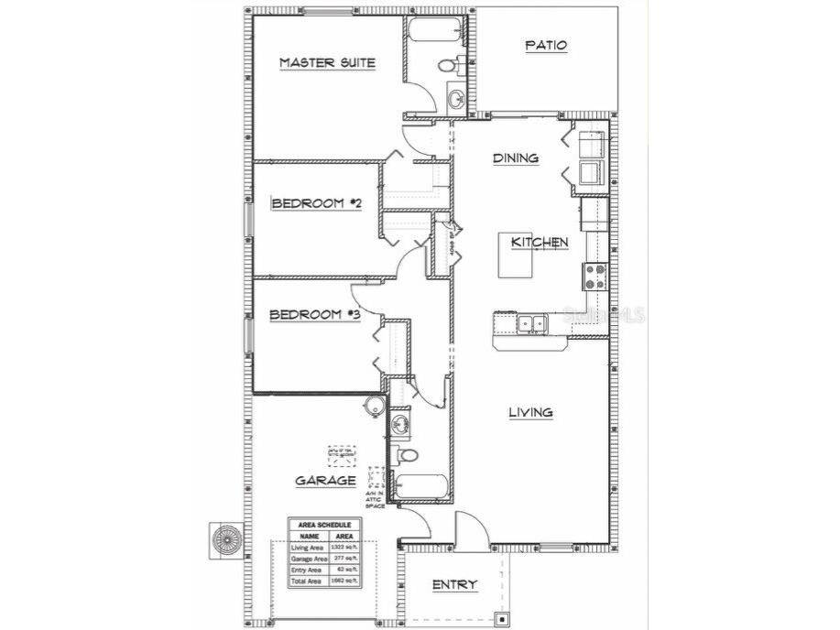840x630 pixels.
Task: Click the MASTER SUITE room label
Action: point(328,62)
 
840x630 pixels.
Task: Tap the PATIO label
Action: point(546,45)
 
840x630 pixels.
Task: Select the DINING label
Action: point(516,158)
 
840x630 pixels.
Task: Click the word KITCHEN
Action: point(540,243)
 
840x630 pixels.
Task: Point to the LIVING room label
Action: point(530,412)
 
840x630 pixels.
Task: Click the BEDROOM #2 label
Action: point(316,203)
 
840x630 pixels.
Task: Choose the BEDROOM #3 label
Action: point(314,316)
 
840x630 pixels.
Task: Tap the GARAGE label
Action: point(325,480)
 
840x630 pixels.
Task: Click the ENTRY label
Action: point(453,584)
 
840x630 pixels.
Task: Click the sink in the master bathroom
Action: point(455,98)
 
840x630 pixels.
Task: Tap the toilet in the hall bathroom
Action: point(407,454)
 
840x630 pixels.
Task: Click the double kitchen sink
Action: point(530,322)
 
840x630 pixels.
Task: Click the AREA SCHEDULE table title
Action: point(325,525)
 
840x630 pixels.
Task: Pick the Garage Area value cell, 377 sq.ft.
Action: point(344,558)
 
